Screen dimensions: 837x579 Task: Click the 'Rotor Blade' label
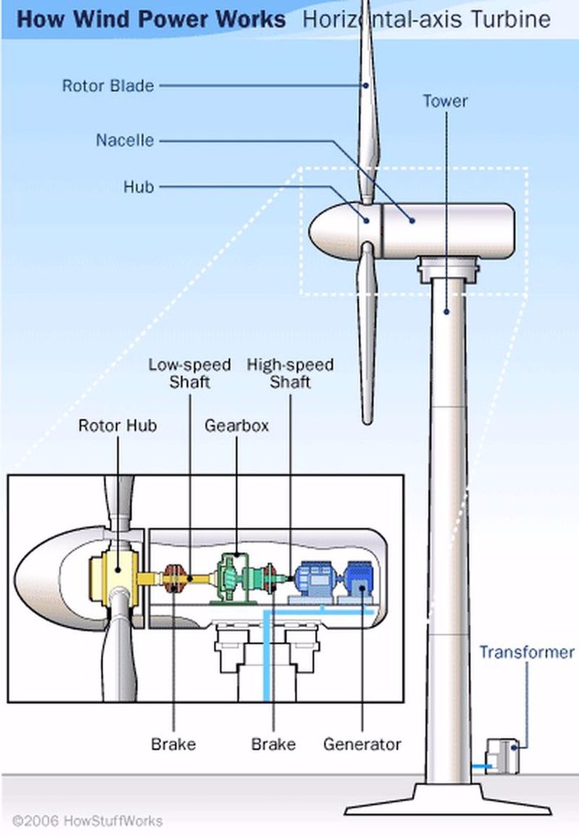107,86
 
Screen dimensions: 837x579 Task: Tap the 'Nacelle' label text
124,140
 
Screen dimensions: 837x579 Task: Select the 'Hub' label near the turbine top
138,187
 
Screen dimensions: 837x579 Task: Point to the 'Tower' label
445,101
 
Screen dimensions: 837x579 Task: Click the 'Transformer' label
526,652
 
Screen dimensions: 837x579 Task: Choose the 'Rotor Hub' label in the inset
117,426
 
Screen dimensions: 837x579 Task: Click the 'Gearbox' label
237,426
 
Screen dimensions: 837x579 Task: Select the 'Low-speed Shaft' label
189,374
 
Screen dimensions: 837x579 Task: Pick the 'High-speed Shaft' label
290,374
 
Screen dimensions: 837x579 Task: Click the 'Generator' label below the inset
362,744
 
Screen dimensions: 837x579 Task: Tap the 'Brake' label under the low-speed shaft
173,744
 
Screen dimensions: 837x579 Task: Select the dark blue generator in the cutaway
359,580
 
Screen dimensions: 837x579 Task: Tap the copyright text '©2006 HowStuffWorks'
87,821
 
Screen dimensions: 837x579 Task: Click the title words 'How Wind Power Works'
151,19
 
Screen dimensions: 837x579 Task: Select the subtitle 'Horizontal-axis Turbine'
426,19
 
